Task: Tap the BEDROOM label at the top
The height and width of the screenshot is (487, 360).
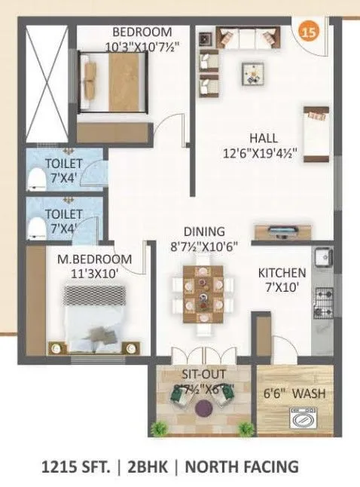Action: (x=142, y=32)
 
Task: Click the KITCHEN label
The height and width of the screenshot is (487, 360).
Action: (x=282, y=272)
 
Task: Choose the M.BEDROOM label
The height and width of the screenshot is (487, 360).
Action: (x=94, y=259)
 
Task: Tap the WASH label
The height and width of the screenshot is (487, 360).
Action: (x=308, y=393)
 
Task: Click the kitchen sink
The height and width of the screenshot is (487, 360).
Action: (x=321, y=257)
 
